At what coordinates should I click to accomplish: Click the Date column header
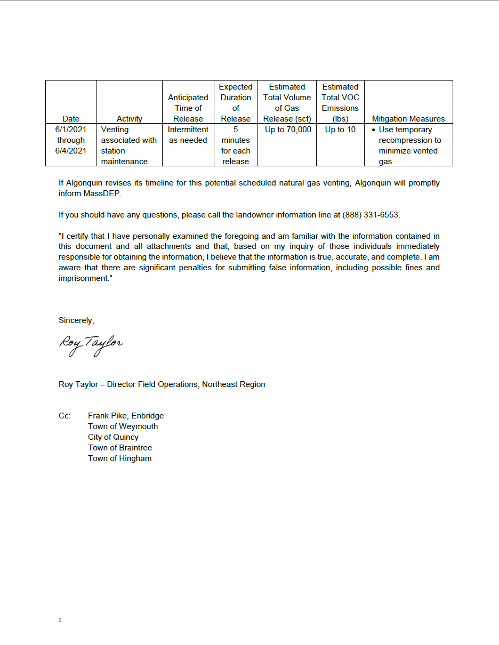[x=71, y=119]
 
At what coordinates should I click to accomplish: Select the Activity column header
[x=130, y=119]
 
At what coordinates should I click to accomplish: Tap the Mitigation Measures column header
[x=408, y=119]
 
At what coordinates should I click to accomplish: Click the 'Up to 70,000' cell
[x=288, y=130]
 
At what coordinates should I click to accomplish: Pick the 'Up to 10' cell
[x=340, y=130]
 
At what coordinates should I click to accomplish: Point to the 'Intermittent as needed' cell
[x=188, y=135]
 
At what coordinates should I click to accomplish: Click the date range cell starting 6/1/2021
[x=71, y=140]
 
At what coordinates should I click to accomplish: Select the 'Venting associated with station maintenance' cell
[x=129, y=146]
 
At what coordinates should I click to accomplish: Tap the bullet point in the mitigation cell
[x=374, y=130]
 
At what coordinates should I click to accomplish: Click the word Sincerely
[x=76, y=320]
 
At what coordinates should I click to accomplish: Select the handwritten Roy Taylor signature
[x=91, y=344]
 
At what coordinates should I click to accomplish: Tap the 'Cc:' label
[x=65, y=416]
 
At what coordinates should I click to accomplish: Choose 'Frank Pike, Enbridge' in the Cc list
[x=126, y=416]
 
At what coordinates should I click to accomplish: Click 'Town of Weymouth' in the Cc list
[x=123, y=426]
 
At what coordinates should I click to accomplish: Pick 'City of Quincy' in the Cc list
[x=113, y=437]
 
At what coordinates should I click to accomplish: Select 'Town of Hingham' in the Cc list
[x=119, y=458]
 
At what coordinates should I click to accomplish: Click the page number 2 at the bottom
[x=60, y=620]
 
